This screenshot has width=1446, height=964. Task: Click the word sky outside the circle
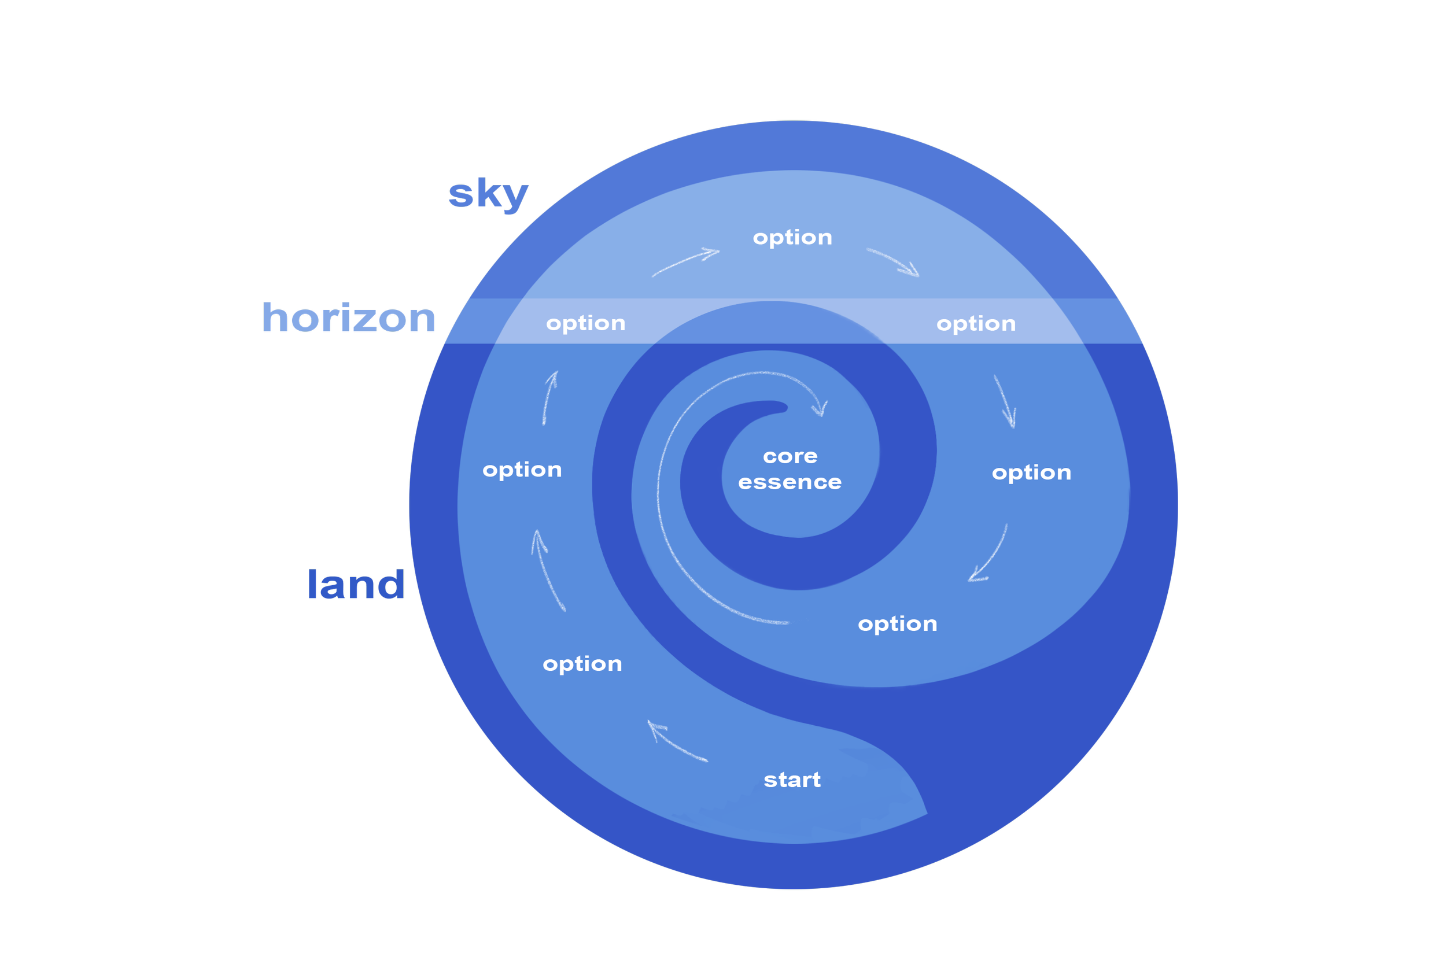point(488,195)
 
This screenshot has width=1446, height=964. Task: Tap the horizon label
point(349,319)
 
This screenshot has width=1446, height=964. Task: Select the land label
point(356,585)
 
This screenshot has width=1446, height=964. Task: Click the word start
point(792,780)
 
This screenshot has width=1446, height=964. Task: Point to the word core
point(790,457)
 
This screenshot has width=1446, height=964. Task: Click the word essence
point(790,483)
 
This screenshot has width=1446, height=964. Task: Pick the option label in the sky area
point(792,238)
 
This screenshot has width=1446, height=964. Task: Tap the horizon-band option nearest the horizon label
point(585,323)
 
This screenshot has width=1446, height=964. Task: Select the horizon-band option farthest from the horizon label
point(976,324)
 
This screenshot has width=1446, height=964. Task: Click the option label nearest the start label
point(582,664)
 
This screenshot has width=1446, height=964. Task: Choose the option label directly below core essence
point(897,624)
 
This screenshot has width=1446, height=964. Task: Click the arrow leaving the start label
point(676,742)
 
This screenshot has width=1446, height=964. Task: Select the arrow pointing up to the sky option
point(685,263)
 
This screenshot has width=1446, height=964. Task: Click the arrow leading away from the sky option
point(893,262)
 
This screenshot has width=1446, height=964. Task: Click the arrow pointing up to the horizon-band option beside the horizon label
point(549,398)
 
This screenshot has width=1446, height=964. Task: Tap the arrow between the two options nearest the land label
point(547,570)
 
